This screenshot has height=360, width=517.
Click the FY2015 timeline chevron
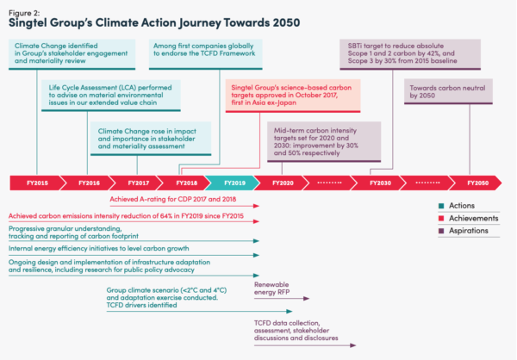(35, 183)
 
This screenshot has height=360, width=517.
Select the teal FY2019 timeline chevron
(233, 183)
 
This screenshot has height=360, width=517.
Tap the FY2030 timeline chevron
(379, 183)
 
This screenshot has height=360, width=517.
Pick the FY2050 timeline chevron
(476, 183)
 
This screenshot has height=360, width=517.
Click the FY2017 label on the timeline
(139, 183)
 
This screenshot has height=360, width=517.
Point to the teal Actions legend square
(441, 206)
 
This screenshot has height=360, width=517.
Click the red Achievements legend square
(441, 218)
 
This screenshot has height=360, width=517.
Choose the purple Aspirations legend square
(441, 231)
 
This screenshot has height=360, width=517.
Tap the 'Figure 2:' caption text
(24, 13)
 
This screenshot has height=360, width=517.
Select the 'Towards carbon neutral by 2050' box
(448, 91)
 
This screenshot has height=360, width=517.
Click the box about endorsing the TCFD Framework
(206, 54)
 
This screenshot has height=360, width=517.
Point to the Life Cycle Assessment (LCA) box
(111, 96)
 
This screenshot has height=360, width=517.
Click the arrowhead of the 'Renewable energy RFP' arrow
(306, 298)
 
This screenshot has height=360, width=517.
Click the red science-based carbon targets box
(293, 96)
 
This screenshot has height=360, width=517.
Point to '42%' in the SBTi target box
(432, 53)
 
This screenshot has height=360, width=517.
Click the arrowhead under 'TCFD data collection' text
(353, 345)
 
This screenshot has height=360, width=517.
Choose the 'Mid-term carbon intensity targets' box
(324, 142)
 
